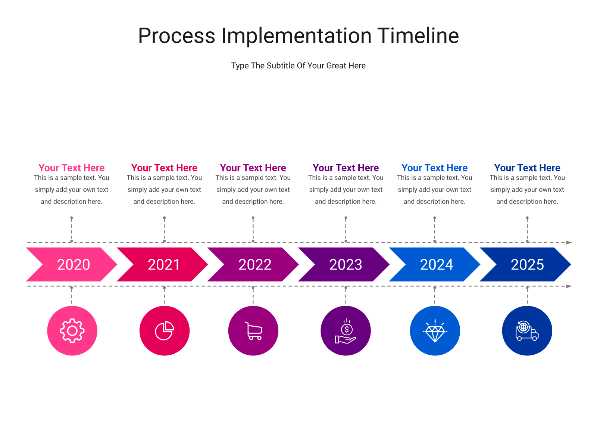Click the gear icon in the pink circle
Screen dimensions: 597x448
pos(72,330)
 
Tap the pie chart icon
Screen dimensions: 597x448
pos(164,330)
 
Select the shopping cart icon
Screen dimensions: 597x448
pos(253,331)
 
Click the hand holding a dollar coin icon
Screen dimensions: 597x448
pos(346,331)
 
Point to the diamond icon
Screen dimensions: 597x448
pos(435,331)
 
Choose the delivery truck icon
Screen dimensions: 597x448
pos(527,331)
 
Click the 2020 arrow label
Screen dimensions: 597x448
pos(74,264)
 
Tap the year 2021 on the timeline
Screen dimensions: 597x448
pos(164,264)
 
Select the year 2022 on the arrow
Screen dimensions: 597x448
pos(255,264)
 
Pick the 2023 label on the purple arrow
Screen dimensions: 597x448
pos(346,264)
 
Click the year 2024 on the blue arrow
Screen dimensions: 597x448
pos(437,264)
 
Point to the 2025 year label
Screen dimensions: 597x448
pos(527,264)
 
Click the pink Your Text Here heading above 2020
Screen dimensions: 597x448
pos(72,168)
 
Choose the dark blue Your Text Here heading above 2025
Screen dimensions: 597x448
pos(527,168)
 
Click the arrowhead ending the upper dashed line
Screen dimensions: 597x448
pos(569,242)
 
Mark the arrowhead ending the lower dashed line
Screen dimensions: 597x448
pos(569,286)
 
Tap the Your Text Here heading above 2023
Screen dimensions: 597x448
pos(346,168)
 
